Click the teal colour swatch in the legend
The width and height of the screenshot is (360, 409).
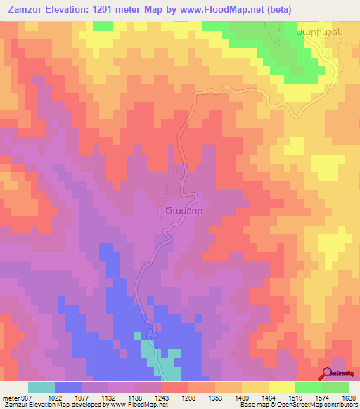(41, 387)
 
